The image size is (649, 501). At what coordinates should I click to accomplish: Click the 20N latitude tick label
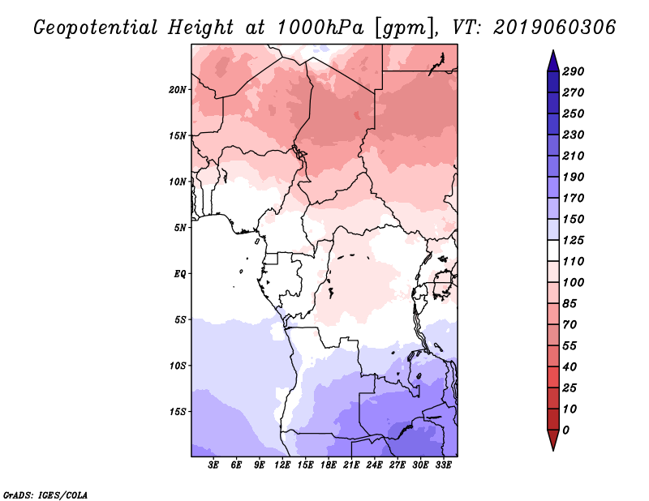point(178,89)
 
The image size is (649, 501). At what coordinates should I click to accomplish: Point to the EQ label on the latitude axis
point(180,273)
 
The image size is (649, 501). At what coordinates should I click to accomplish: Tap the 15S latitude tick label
point(178,411)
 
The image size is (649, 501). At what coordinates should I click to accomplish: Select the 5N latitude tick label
point(180,227)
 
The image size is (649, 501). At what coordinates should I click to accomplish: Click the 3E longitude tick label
point(214,465)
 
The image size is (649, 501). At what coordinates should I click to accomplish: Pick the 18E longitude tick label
point(329,465)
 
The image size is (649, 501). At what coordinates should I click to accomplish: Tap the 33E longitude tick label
point(443,465)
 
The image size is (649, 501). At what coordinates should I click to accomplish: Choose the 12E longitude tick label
point(282,465)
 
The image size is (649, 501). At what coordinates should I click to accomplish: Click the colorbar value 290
point(573,71)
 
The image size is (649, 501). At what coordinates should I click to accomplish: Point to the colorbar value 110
point(573,261)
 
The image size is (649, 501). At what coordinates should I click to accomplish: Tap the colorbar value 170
point(573,198)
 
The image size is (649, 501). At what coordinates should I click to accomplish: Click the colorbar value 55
point(570,345)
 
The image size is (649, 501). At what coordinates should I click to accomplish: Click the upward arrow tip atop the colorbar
point(552,53)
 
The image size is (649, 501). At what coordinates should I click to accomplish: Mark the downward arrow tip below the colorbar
point(552,448)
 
